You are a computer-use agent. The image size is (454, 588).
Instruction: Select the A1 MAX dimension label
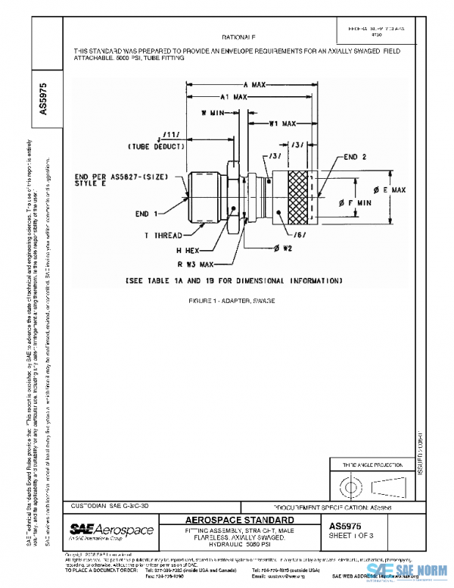click(235, 98)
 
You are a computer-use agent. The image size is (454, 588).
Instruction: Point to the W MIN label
click(213, 112)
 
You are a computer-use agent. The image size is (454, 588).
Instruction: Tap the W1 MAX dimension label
click(281, 123)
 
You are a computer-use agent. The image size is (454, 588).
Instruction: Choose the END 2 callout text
click(356, 157)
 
